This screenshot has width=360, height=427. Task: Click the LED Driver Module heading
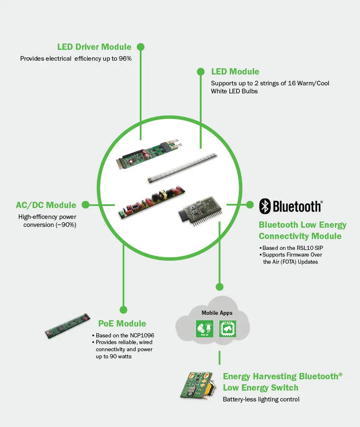(x=94, y=47)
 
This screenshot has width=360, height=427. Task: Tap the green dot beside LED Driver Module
(x=141, y=46)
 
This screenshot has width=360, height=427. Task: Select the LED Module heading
(x=235, y=72)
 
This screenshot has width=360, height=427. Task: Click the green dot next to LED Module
(x=201, y=71)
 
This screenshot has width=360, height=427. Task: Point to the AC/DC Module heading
(x=46, y=205)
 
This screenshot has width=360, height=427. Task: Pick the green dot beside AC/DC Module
(x=85, y=205)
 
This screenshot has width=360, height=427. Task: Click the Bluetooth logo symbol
(x=265, y=206)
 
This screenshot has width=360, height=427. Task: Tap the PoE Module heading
(x=122, y=324)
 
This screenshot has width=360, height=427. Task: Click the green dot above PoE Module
(x=123, y=310)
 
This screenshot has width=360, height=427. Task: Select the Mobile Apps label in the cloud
(x=217, y=313)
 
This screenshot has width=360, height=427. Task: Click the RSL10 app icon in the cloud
(x=205, y=329)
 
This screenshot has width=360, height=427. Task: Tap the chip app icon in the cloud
(x=228, y=329)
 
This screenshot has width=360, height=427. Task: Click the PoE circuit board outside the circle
(x=67, y=326)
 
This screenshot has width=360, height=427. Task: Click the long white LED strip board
(x=183, y=169)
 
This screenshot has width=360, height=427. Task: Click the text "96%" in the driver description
(x=125, y=59)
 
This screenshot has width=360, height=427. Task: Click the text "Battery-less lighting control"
(x=261, y=399)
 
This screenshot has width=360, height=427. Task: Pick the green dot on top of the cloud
(x=219, y=287)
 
